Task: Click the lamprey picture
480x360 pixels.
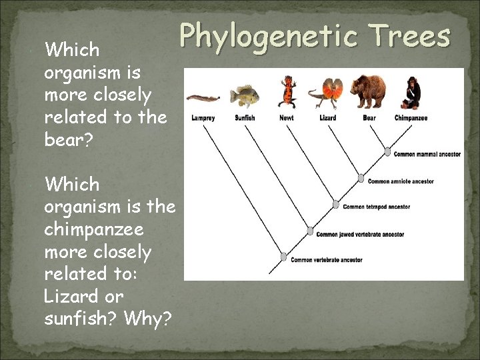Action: tap(203, 98)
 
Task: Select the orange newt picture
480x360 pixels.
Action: tap(287, 93)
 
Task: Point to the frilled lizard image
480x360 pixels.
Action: tap(329, 93)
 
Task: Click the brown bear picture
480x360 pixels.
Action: tap(368, 92)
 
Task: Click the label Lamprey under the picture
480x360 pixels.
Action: tap(203, 118)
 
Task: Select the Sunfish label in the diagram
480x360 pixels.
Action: tap(245, 118)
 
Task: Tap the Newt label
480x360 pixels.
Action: tap(286, 118)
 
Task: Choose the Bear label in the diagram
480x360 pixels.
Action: tap(369, 118)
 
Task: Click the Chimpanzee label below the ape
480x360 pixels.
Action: tap(411, 118)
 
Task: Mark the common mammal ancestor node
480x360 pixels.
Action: tap(387, 153)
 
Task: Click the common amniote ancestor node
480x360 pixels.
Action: tap(361, 179)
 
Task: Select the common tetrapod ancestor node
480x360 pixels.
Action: tap(336, 205)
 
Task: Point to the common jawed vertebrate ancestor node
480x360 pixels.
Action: tap(310, 231)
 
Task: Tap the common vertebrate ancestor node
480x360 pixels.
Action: tap(284, 257)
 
